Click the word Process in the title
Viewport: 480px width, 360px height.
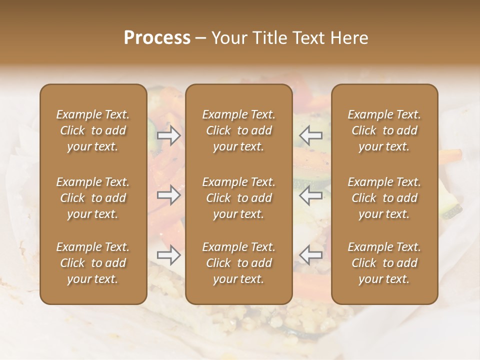157,38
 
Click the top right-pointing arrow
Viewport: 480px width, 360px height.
169,135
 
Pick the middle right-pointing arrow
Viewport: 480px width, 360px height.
169,195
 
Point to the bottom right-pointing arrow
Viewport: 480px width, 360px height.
169,255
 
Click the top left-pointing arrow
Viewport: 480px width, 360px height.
310,135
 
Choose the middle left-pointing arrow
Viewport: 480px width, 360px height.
310,195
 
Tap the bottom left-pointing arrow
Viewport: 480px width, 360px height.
310,255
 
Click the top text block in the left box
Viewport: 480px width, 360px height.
93,130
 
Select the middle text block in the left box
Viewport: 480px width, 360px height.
93,198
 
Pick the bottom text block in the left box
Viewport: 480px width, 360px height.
93,263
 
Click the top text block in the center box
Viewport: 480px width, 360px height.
239,130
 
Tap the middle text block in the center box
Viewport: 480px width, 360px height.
239,198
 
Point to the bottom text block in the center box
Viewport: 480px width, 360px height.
239,263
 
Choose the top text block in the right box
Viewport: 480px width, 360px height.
384,130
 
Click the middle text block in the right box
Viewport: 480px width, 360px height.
384,198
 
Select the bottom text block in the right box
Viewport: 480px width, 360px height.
384,263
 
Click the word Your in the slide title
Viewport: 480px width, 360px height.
228,38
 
